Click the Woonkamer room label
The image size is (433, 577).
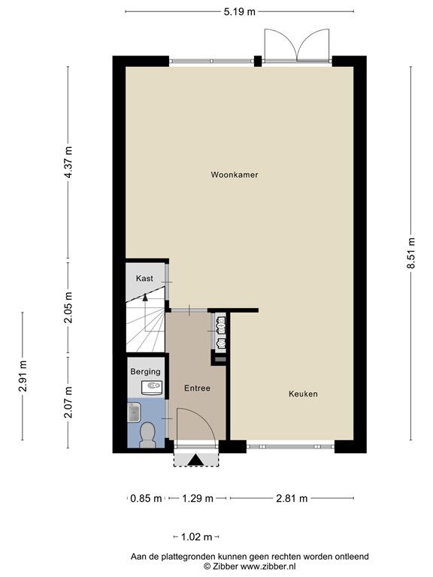(x=235, y=174)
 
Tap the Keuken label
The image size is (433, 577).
(x=303, y=394)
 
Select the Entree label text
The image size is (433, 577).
(x=197, y=388)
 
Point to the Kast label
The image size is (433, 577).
(x=144, y=278)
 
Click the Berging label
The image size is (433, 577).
(x=145, y=372)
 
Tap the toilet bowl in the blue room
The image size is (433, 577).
(x=147, y=434)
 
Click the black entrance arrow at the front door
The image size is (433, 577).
(x=195, y=460)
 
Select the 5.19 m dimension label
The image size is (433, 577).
(x=239, y=12)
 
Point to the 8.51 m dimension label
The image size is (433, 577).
(x=411, y=253)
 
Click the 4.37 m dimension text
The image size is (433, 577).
(x=68, y=162)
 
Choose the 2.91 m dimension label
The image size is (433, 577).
(x=23, y=376)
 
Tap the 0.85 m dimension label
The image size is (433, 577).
(x=146, y=498)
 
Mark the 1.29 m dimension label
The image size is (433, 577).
(x=198, y=498)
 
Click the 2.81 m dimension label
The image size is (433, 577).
(x=292, y=498)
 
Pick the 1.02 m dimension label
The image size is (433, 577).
(x=197, y=537)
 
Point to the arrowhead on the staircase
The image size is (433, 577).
(x=145, y=298)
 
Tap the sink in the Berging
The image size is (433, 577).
(x=152, y=388)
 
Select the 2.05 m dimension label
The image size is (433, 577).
(x=68, y=307)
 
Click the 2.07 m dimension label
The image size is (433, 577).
(x=68, y=402)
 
